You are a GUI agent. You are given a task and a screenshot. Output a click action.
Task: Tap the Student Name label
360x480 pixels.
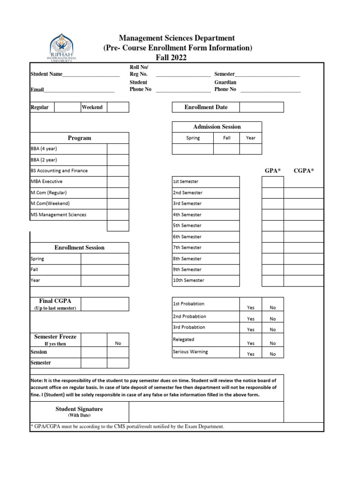click(x=46, y=74)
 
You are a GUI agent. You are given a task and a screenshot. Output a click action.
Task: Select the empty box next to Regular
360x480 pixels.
click(x=67, y=107)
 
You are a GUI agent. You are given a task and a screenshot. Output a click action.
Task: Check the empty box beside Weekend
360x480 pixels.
click(x=118, y=107)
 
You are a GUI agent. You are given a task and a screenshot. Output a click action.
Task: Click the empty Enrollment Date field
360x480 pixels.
click(x=262, y=107)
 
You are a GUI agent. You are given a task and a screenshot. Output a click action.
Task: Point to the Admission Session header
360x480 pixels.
click(x=217, y=127)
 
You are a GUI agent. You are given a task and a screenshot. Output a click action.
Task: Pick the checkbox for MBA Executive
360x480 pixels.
click(x=118, y=182)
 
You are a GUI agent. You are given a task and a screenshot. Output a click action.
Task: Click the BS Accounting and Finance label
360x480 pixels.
click(x=59, y=171)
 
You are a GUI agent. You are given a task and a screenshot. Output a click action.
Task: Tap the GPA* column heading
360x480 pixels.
click(x=272, y=171)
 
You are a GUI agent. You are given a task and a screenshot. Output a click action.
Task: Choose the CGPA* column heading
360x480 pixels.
click(x=303, y=171)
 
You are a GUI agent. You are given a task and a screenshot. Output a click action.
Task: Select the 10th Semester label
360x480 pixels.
click(x=189, y=280)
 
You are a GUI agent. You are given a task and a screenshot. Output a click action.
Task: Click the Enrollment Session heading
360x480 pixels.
click(x=80, y=247)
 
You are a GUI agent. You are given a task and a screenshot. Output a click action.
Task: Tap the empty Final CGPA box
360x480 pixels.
click(x=105, y=304)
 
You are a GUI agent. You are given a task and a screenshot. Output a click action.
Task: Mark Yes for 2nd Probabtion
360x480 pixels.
click(x=251, y=319)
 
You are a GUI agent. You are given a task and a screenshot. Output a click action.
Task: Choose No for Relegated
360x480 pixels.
click(x=273, y=343)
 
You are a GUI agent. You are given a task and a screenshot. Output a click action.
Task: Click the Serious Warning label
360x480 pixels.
click(x=190, y=352)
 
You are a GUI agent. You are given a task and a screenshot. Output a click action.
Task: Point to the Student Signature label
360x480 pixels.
click(x=79, y=409)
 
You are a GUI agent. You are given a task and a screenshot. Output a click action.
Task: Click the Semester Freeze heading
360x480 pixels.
click(x=55, y=337)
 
